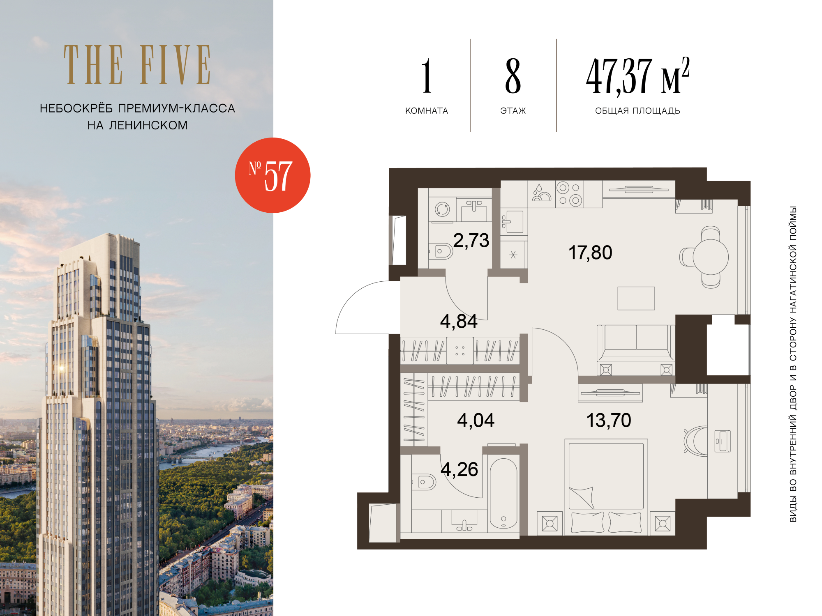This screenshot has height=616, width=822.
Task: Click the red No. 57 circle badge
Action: pos(272,175)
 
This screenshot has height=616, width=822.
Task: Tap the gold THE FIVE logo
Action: pos(137,65)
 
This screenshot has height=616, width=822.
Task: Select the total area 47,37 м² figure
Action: pos(637,76)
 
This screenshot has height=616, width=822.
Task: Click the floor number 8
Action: pos(513,76)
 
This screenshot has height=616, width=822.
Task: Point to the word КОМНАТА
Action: pos(427,111)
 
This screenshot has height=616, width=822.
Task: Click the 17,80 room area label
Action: pos(590,253)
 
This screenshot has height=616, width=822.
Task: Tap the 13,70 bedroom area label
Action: pos(609,421)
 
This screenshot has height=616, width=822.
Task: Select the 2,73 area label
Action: pos(471,240)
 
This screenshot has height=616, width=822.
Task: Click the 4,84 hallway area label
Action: pos(459,321)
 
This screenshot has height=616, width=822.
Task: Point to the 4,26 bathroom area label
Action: pos(459,469)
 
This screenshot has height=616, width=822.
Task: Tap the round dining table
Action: pos(711,257)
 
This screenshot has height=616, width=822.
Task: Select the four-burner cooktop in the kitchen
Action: pos(569,194)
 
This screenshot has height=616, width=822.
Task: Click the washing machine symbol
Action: pos(442,209)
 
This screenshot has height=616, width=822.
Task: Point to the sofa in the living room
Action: pos(636,343)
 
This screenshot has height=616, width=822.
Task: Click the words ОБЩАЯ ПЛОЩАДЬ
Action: pos(637,111)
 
